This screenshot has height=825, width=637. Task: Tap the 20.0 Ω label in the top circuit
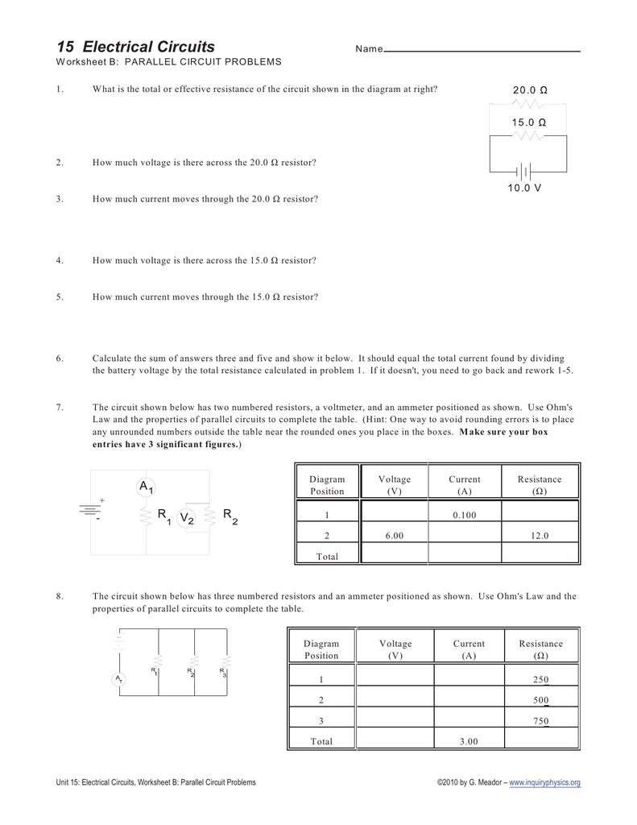tap(529, 90)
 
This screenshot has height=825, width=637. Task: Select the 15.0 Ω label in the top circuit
tap(528, 122)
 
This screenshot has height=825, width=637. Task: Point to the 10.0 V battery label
tap(524, 188)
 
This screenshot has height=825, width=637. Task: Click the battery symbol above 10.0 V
tap(524, 171)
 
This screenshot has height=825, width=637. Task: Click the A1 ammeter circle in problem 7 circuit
tap(146, 487)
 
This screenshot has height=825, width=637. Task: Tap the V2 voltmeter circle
tap(187, 519)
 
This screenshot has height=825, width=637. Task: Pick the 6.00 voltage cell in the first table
tap(394, 535)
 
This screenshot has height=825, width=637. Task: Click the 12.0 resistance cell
tap(540, 535)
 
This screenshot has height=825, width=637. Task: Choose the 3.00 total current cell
tap(469, 741)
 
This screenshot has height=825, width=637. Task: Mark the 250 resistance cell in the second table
tap(540, 679)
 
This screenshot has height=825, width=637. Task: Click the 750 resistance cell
tap(540, 721)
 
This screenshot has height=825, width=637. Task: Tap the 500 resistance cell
tap(540, 700)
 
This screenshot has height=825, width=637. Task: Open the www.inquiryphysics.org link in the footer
tap(544, 782)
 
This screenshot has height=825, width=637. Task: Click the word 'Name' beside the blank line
tap(369, 50)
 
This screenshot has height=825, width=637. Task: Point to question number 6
tap(60, 358)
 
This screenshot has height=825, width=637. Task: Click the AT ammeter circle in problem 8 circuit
tap(118, 680)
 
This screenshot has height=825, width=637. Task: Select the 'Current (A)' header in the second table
tap(469, 649)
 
